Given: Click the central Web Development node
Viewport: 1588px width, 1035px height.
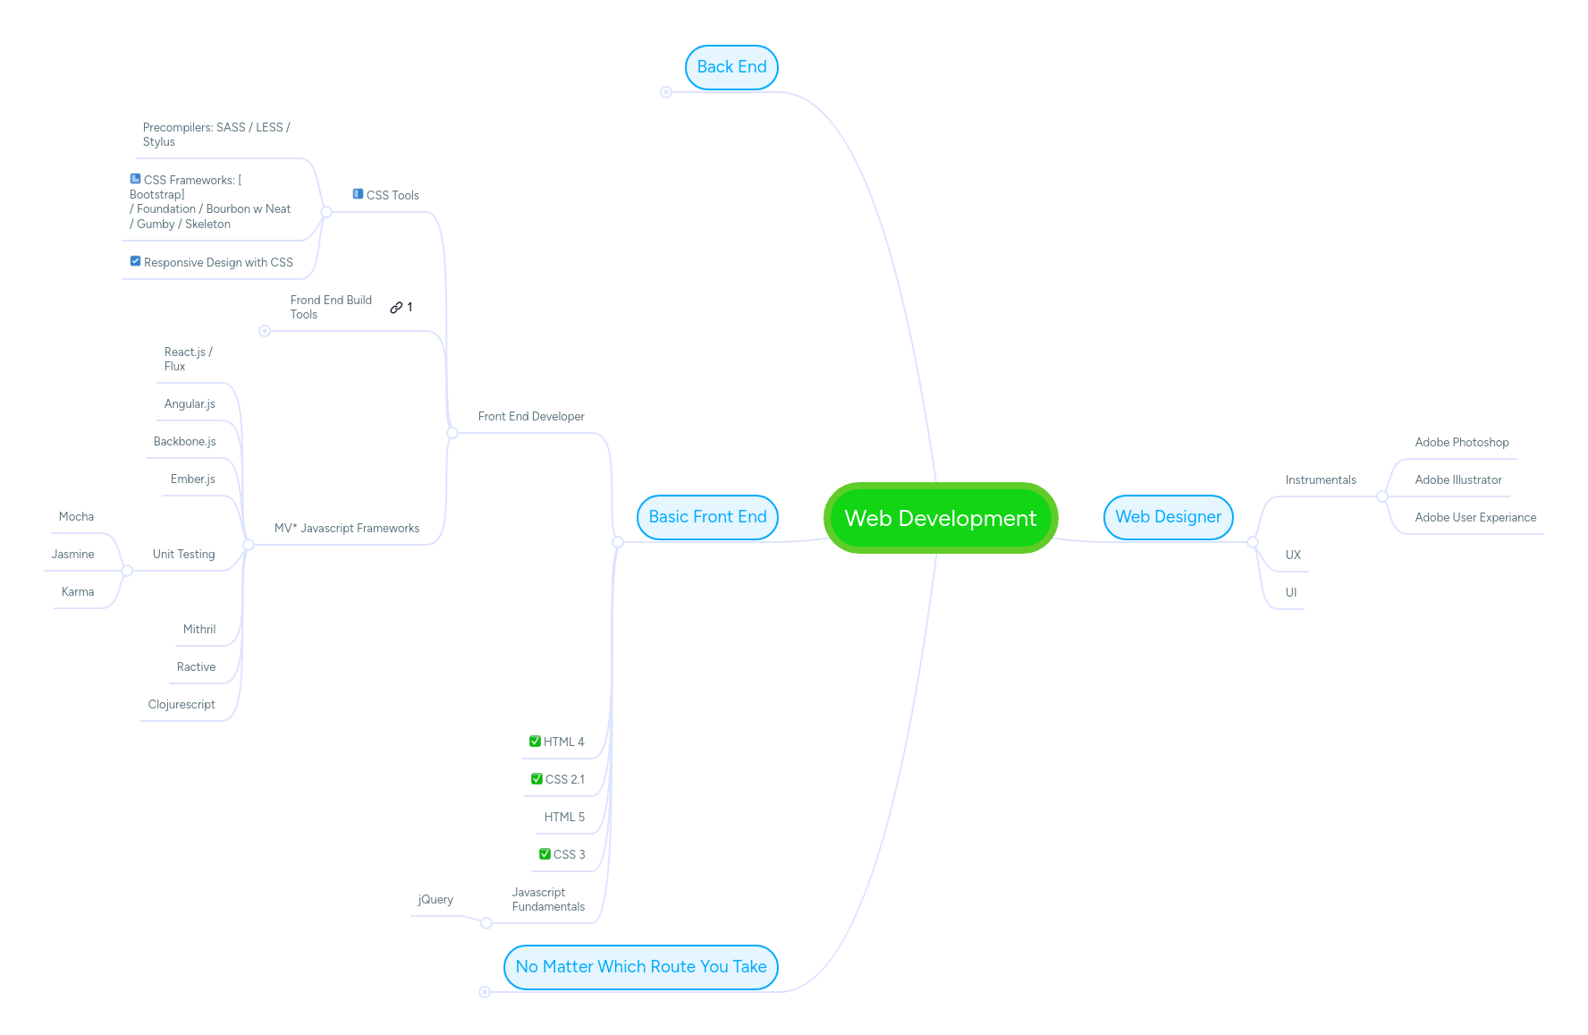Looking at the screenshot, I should point(940,518).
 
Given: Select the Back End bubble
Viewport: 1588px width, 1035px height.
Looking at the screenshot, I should point(731,67).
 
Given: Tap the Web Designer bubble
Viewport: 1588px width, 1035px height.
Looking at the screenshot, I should point(1168,517).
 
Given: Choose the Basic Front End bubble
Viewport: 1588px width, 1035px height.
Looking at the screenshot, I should point(707,517).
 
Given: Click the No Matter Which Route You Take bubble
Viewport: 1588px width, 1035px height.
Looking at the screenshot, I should point(640,967).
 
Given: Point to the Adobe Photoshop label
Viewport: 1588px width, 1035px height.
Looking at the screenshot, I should point(1461,443).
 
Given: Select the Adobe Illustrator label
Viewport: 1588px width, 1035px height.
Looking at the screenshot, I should point(1457,480).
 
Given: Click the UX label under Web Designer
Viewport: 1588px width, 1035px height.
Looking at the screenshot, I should point(1292,556).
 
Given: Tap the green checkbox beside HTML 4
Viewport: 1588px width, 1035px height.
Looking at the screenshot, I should point(535,742).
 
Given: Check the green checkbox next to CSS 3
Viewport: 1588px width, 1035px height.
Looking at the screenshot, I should point(545,854).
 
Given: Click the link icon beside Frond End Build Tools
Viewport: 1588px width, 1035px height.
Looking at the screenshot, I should point(396,308).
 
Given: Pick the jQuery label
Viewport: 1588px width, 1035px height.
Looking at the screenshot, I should point(435,900).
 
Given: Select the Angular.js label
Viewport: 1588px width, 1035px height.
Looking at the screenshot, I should point(190,404).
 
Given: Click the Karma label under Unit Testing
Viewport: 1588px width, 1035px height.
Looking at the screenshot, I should point(78,592).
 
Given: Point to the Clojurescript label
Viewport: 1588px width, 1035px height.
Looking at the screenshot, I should point(182,705).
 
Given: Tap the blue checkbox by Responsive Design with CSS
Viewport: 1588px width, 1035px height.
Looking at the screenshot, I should point(135,261).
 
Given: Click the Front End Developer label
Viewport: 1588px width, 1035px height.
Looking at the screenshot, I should point(531,417).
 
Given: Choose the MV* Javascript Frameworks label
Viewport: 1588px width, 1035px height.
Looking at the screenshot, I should point(346,529).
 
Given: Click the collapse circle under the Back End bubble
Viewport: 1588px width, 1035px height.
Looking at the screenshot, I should point(666,92).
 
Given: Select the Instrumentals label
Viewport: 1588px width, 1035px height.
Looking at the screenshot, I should point(1320,480).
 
